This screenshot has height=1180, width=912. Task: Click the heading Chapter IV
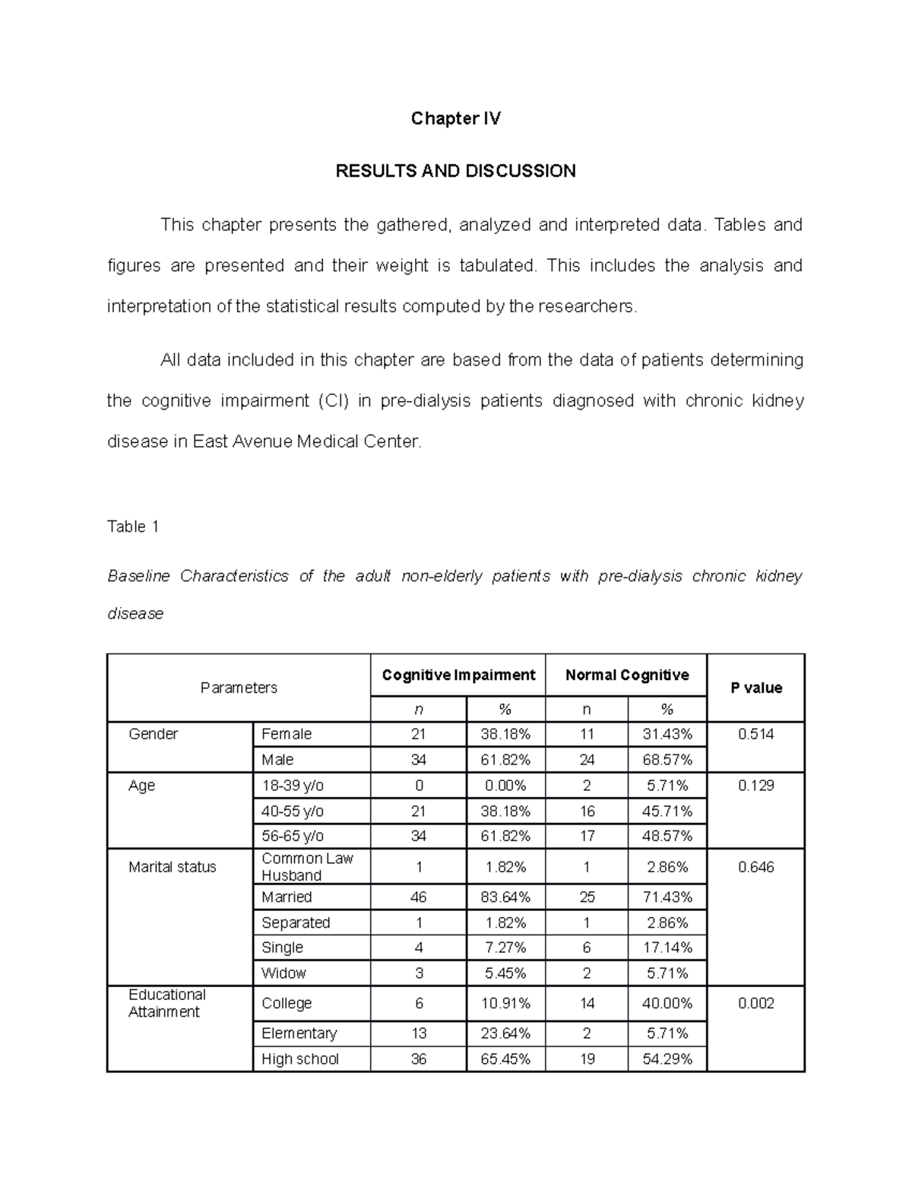[455, 119]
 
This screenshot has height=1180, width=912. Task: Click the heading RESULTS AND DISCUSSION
[455, 171]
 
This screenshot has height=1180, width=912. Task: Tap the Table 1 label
[133, 527]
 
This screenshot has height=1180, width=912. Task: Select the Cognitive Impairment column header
[458, 675]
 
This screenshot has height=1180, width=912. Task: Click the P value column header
[755, 688]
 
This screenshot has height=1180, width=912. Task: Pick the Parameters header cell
[239, 688]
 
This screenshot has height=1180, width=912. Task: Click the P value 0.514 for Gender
[755, 734]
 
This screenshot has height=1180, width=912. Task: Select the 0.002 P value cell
[755, 1003]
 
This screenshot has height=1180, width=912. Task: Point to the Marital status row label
[173, 867]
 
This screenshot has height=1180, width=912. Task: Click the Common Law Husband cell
[307, 867]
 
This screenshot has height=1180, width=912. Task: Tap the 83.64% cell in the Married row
[505, 897]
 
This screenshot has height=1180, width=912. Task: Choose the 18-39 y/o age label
[293, 786]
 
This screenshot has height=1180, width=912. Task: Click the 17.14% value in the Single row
[667, 947]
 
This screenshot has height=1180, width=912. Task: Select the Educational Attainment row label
[167, 1003]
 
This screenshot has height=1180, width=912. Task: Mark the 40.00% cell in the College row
[667, 1003]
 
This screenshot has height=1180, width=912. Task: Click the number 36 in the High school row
[419, 1059]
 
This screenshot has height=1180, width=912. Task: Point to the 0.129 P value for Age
[755, 786]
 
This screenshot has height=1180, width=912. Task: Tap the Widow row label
[283, 973]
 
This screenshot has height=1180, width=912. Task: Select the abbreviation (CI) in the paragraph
[332, 400]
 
